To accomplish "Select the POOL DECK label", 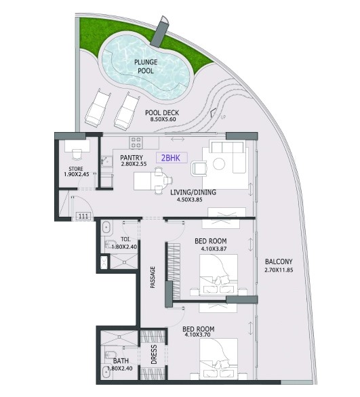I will [x=162, y=112].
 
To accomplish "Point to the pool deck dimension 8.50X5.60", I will [x=162, y=120].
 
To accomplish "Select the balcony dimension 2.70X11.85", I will [x=279, y=271].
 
